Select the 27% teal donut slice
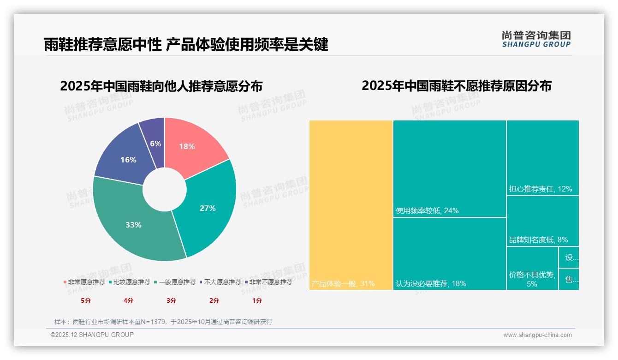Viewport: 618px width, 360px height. (x=208, y=208)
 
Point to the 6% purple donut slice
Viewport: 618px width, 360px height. (x=155, y=138)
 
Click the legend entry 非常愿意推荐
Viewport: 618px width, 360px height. (x=84, y=282)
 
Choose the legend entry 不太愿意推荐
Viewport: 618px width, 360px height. (x=220, y=282)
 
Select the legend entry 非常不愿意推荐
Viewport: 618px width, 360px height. (x=268, y=282)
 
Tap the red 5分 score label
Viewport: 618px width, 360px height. (x=86, y=300)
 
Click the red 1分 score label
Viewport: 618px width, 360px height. (x=257, y=300)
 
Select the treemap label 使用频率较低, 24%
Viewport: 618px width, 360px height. (x=427, y=211)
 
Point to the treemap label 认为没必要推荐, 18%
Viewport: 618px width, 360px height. (x=431, y=283)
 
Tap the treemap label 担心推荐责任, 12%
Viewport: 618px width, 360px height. (x=541, y=189)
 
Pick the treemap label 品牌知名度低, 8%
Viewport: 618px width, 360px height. (x=538, y=240)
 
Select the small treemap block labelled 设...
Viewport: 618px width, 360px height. (x=569, y=257)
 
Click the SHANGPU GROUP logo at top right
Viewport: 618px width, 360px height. (x=536, y=39)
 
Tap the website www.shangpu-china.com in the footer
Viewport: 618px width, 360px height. (x=537, y=335)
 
